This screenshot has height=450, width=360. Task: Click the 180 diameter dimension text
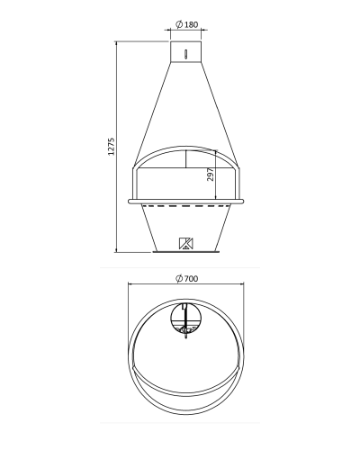(x=191, y=24)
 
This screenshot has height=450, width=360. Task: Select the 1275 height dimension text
(x=112, y=147)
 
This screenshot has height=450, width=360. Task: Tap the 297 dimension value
(x=211, y=175)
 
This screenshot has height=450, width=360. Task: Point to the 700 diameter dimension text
(x=191, y=279)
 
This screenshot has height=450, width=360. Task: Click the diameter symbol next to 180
(x=179, y=24)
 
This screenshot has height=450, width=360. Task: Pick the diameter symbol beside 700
(x=179, y=278)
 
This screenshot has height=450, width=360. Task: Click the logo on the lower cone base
(x=186, y=243)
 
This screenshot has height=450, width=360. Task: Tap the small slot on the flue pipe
(x=186, y=54)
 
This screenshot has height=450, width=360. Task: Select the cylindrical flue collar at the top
(x=185, y=51)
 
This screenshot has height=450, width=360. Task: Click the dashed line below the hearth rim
(x=186, y=206)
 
